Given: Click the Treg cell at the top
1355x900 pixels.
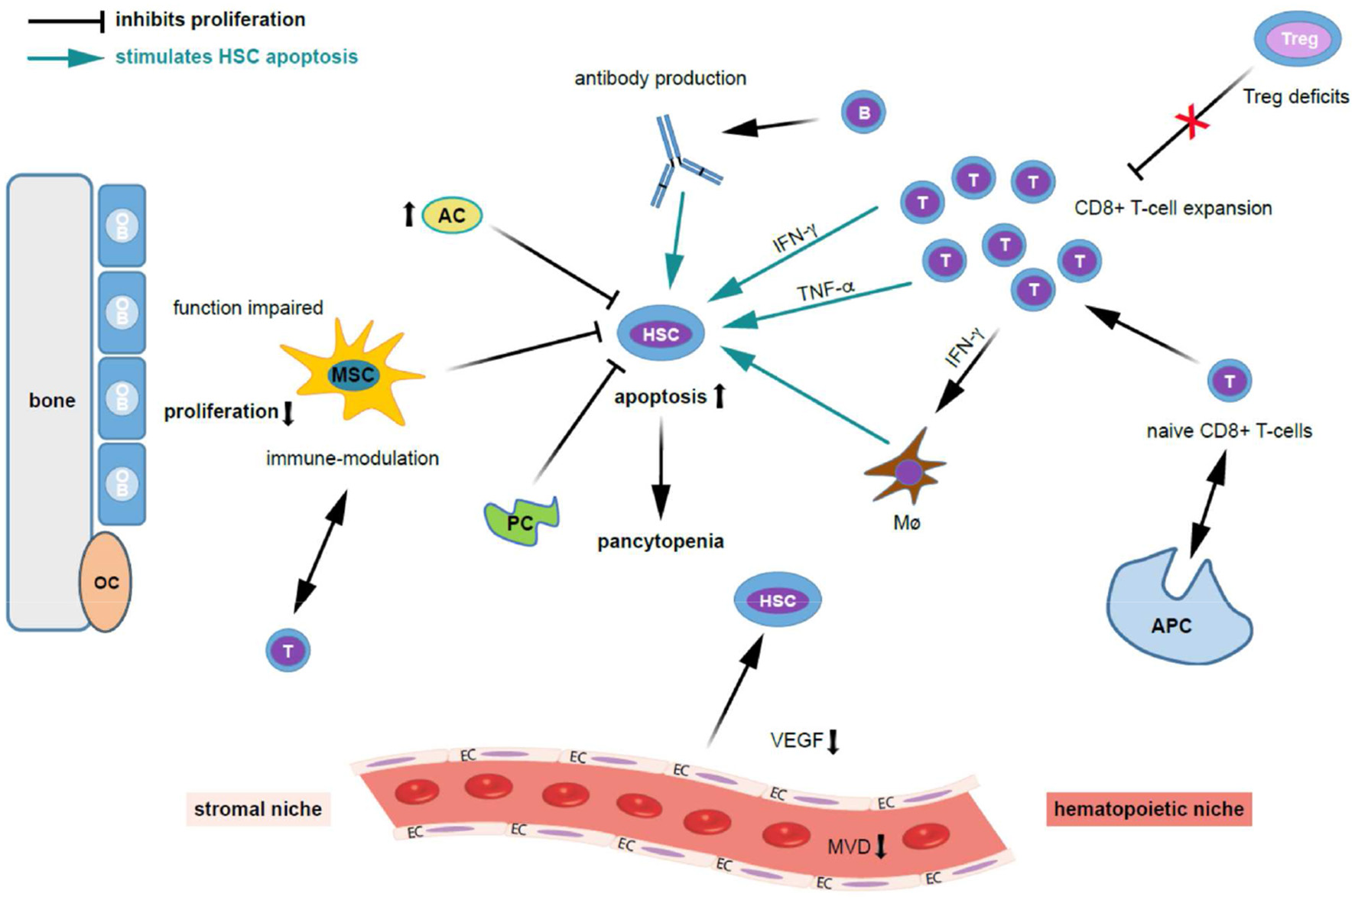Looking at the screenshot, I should click(x=1298, y=39).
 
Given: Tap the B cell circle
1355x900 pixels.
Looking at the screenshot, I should click(x=863, y=112).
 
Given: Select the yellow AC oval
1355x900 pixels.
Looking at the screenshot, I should click(x=452, y=215).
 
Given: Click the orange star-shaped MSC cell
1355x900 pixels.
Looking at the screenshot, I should click(x=353, y=374).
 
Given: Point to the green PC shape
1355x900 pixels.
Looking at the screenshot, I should click(x=522, y=521).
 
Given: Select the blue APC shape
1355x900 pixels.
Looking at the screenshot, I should click(x=1174, y=616).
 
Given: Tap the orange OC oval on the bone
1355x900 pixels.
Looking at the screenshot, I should click(x=106, y=582).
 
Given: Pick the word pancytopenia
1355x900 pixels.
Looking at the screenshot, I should click(x=660, y=541).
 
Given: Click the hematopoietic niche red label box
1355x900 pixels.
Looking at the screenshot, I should click(x=1149, y=809).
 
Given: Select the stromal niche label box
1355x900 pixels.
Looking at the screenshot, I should click(x=258, y=809).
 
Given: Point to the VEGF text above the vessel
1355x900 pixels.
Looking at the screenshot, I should click(x=797, y=739).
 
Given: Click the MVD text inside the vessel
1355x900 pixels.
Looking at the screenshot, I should click(x=849, y=846).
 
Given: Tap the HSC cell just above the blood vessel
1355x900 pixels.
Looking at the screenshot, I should click(x=778, y=601).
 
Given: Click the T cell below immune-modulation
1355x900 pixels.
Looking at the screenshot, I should click(x=288, y=651).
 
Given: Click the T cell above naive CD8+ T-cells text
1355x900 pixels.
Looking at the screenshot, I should click(x=1229, y=381).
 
